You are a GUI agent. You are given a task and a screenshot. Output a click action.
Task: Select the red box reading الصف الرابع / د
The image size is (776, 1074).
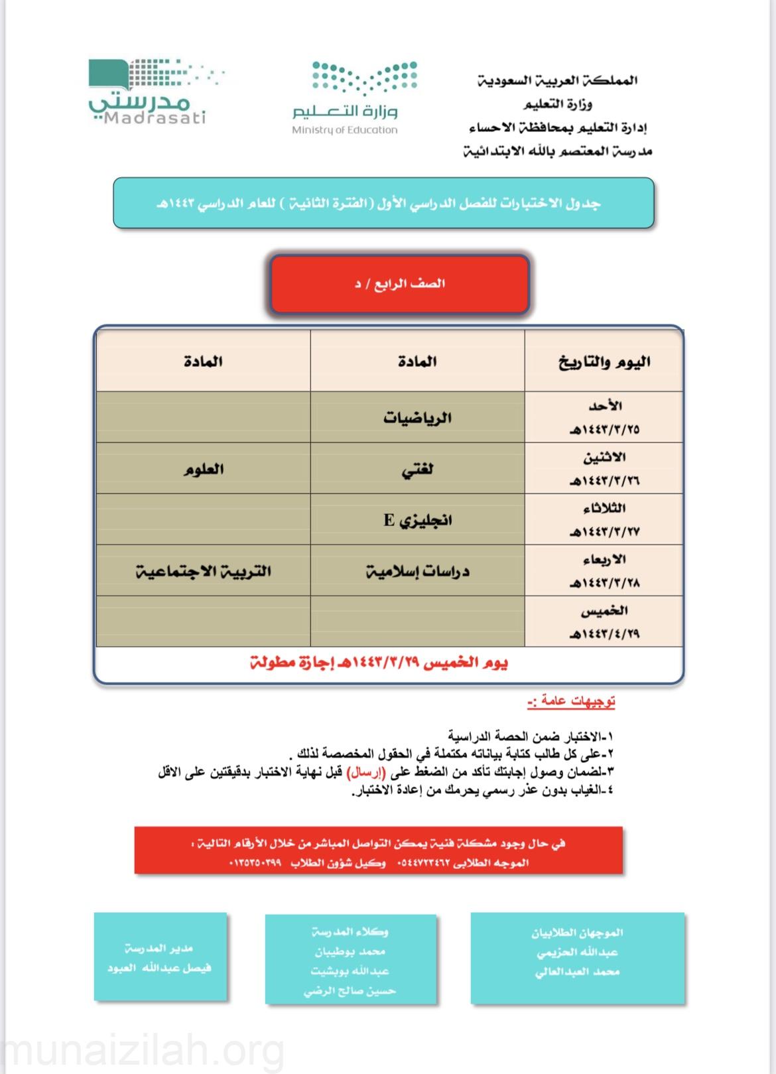point(399,284)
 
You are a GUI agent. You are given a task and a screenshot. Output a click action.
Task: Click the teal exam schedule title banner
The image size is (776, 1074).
point(383,203)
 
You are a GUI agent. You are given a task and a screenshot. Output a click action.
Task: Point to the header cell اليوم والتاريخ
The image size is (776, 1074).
point(604,362)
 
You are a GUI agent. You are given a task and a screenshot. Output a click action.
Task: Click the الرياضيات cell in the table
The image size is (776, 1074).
point(417,418)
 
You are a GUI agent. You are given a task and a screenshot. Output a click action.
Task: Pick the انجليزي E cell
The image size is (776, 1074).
point(417,520)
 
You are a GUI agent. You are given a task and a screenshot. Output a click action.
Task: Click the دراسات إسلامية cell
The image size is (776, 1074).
point(417,571)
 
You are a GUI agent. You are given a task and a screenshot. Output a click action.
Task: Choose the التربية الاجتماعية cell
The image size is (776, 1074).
point(204,571)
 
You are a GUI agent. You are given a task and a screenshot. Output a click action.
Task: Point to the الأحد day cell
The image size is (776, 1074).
point(604,417)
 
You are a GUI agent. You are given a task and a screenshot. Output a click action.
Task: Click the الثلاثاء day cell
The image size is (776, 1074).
point(604,520)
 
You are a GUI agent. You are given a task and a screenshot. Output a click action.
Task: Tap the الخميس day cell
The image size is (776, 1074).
point(604,622)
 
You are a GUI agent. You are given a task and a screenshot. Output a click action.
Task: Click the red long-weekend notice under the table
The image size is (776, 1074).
point(379,663)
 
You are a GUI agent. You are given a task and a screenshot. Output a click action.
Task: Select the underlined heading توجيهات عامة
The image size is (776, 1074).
point(571,701)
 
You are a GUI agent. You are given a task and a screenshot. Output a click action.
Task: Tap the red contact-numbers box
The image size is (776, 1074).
point(378,850)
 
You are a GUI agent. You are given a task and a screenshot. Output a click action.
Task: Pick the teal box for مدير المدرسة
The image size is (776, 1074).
point(160,957)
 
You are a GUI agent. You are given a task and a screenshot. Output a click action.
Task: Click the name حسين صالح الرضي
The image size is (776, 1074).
point(350,991)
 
